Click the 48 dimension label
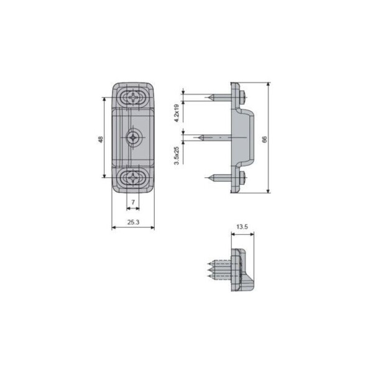coord(101,140)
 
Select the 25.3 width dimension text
coord(133,222)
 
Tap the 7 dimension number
coord(133,202)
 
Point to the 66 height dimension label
coord(265,140)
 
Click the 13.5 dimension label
coord(242,227)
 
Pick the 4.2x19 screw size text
coord(177,113)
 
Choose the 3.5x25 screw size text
coord(177,155)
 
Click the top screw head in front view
coord(133,98)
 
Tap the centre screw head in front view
coord(132,137)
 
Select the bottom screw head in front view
coord(132,177)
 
